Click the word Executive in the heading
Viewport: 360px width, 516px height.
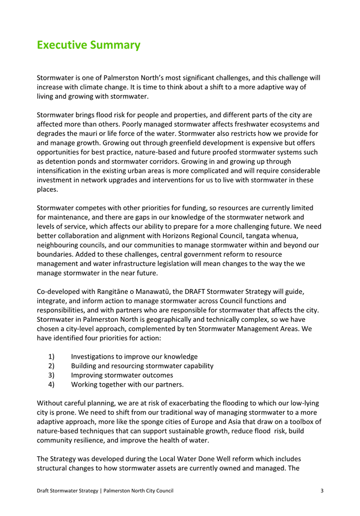click(60, 45)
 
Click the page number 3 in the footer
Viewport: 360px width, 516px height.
click(322, 490)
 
